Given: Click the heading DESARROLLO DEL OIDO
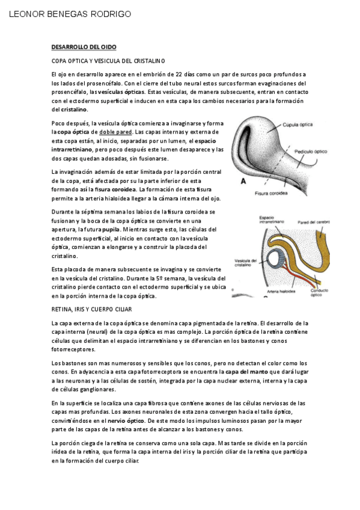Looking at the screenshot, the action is (x=84, y=47).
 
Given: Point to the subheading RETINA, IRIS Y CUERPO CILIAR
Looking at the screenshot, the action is (x=91, y=309).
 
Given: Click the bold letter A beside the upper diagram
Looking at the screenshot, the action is (x=243, y=180).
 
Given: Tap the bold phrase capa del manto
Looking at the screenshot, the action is (x=243, y=372).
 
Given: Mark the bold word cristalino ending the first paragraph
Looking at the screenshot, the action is (x=75, y=110).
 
